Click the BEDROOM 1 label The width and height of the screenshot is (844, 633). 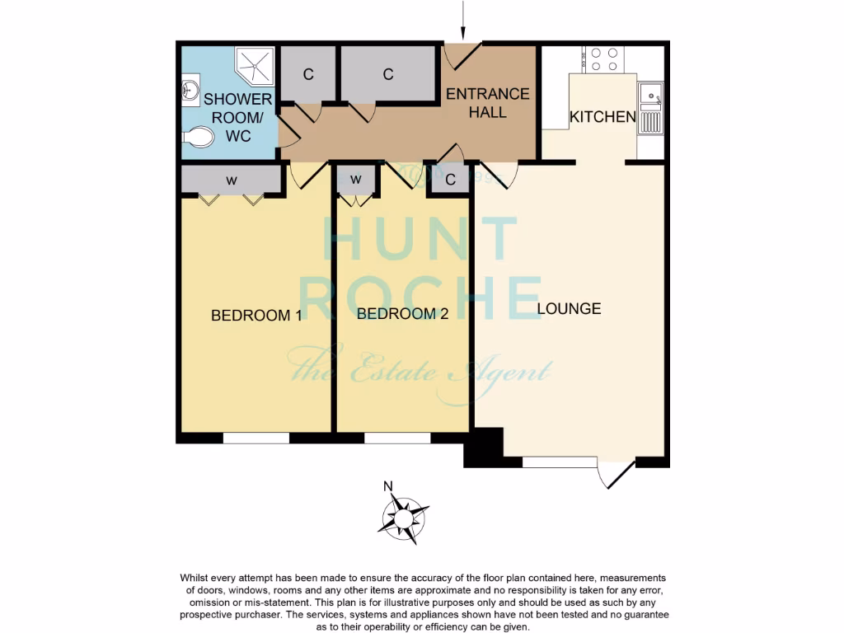click(x=256, y=315)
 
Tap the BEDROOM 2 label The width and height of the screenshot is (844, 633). click(x=402, y=314)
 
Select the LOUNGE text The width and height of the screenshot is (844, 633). click(x=569, y=309)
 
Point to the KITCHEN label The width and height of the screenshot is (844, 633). click(x=603, y=117)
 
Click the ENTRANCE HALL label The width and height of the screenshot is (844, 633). click(x=487, y=102)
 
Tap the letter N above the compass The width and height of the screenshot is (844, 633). click(x=388, y=485)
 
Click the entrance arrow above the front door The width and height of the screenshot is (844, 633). click(x=464, y=21)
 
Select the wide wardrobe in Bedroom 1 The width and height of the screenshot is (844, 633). click(x=231, y=179)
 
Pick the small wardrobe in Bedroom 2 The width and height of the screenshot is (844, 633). click(x=356, y=179)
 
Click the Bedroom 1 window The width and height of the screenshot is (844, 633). click(x=256, y=438)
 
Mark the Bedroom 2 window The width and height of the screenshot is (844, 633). click(x=397, y=438)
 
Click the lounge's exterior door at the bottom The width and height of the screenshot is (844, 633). click(x=617, y=473)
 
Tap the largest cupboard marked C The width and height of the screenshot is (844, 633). click(x=388, y=74)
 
